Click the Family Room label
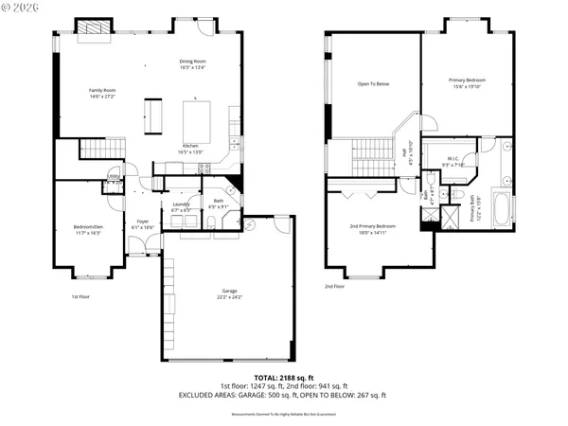point(102,93)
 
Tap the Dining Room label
point(193,64)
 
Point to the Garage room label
point(230,293)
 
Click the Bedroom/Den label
point(90,228)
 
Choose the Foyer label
point(142,224)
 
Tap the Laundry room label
point(181,205)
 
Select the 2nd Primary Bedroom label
point(372,228)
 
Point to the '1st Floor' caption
point(81,296)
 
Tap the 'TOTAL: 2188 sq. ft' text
point(283,377)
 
